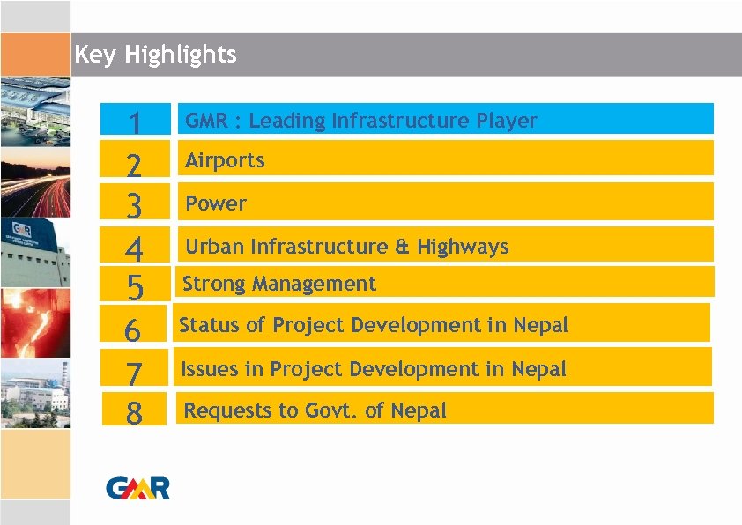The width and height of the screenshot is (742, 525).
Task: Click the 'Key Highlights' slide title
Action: (155, 55)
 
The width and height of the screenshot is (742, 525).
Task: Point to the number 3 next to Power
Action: (135, 207)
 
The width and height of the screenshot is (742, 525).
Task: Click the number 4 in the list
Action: (135, 250)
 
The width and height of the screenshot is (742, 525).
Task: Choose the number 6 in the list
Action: (133, 330)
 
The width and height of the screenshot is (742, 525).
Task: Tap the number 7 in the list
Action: (133, 373)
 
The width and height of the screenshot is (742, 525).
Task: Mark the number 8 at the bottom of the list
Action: (133, 412)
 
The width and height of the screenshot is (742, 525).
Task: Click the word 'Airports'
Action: (225, 160)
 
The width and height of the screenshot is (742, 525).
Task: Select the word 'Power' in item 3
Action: (216, 203)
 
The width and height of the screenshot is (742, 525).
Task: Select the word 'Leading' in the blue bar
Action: (287, 121)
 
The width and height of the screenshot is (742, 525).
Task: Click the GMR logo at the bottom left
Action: (137, 486)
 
